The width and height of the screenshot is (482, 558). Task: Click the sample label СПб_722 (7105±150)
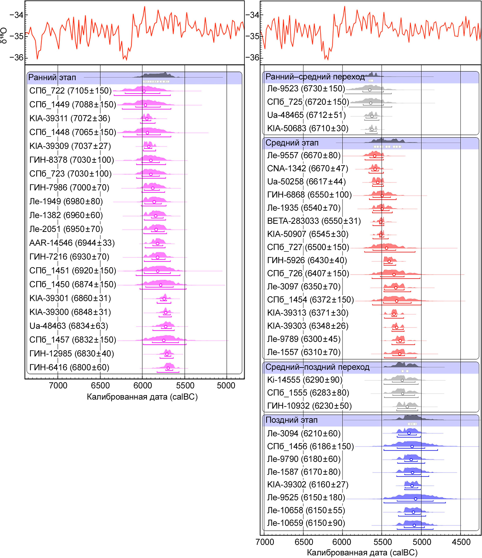pos(70,91)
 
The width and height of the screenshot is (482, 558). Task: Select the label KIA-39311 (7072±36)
pos(70,118)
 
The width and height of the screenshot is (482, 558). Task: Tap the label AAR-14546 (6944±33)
pos(72,243)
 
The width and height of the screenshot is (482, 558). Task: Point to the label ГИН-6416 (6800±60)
pos(69,367)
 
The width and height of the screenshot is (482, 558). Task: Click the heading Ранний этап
pos(52,78)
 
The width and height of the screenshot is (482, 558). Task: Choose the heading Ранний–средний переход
pos(315,77)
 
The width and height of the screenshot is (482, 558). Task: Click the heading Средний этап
pos(292,143)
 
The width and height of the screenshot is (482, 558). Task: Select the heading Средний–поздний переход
pos(317,367)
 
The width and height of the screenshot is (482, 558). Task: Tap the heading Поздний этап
pos(291,420)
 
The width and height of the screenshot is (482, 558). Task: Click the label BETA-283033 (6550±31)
pos(314,221)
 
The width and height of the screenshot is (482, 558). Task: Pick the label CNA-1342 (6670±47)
pos(307,168)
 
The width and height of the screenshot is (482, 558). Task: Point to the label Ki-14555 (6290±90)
pos(305,380)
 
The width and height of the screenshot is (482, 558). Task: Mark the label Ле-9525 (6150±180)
pos(306,497)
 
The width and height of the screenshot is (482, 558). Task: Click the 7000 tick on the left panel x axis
pos(58,386)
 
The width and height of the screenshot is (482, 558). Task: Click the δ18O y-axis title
pos(4,35)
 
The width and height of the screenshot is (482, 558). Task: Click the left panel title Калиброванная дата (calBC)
pos(142,397)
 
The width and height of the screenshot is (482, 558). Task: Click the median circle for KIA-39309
pos(149,146)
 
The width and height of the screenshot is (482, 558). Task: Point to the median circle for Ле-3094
pos(409,433)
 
